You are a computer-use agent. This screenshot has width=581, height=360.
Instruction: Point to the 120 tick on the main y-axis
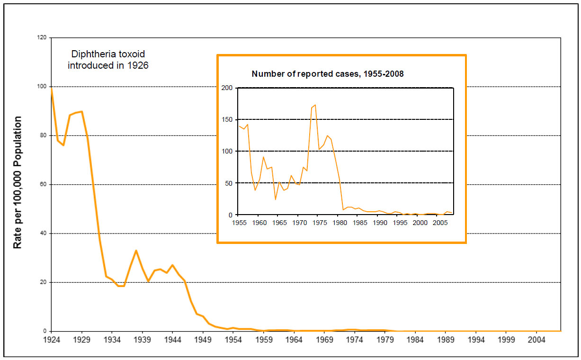[42, 37]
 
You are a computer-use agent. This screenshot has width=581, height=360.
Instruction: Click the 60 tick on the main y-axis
[43, 184]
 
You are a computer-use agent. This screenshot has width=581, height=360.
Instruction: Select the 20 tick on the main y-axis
[43, 282]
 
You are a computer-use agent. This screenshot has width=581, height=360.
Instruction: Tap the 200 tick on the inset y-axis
[227, 88]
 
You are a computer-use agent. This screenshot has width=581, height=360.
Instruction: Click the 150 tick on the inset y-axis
[227, 120]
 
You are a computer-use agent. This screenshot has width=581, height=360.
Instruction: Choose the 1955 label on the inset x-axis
[239, 222]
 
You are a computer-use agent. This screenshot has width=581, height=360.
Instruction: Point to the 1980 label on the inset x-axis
[339, 222]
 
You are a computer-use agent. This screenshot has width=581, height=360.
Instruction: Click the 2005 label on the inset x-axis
[439, 222]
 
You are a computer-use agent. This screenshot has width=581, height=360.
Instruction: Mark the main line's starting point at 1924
[51, 87]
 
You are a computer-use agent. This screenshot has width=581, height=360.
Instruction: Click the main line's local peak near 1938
[136, 251]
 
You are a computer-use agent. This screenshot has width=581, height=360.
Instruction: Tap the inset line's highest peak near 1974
[315, 105]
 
